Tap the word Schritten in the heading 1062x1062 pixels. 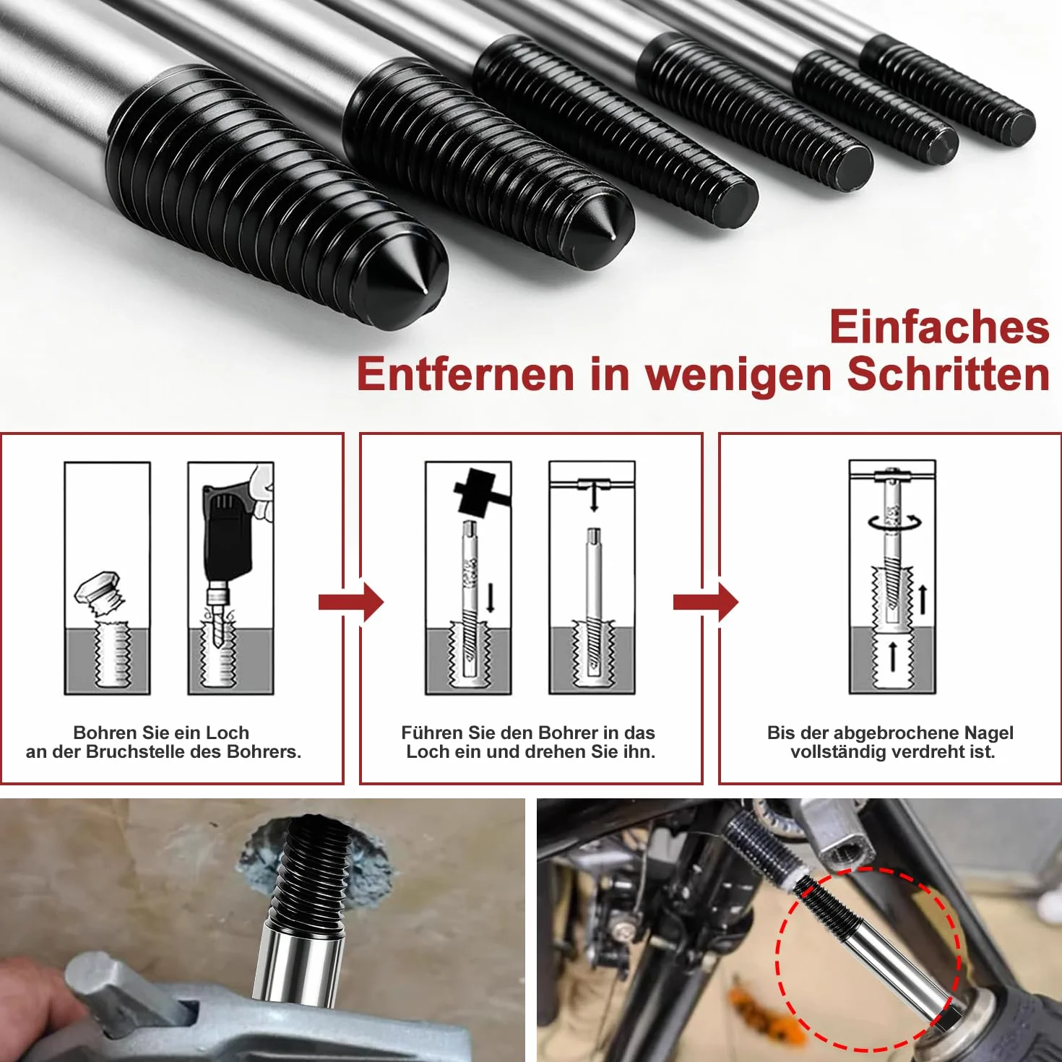[949, 375]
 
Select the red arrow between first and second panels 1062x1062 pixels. [351, 602]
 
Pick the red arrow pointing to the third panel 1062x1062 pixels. [706, 602]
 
